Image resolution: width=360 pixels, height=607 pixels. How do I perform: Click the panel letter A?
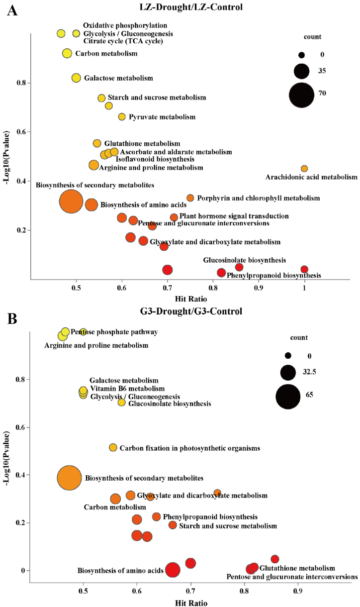click(12, 10)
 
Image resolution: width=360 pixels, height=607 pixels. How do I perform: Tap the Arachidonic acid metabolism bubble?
click(304, 169)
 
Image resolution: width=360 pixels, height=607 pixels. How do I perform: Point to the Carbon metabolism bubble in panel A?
click(67, 53)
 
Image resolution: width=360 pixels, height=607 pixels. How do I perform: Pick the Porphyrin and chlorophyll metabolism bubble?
click(190, 198)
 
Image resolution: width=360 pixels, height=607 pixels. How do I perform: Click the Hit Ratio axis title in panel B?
click(190, 602)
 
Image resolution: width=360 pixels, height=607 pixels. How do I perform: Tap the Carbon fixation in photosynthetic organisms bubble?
click(113, 448)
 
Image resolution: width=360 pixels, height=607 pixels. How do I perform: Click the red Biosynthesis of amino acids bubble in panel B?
click(173, 570)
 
